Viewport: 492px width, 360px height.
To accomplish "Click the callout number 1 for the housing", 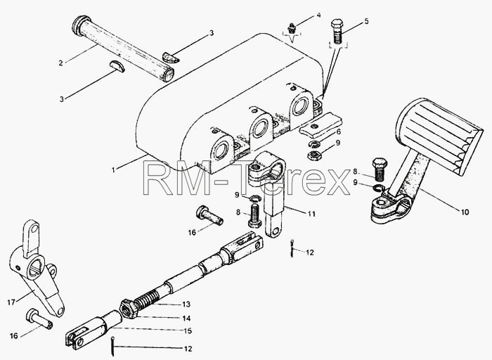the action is (x=114, y=169).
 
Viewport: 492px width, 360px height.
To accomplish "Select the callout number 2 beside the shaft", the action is (x=60, y=63).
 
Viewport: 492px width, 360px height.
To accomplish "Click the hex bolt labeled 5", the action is (x=337, y=32).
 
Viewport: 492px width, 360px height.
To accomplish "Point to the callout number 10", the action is (x=465, y=212).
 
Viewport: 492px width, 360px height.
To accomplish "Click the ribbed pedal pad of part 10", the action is (x=439, y=135).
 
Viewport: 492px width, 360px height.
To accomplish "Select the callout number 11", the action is (x=311, y=214).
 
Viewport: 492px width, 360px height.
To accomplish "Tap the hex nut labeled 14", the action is (x=129, y=309).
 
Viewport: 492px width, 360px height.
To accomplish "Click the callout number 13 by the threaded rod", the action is (x=186, y=304).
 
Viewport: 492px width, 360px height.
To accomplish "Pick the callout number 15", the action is (x=188, y=330).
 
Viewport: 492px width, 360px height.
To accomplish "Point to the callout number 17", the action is (x=11, y=302).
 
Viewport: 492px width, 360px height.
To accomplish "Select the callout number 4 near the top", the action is (x=318, y=15).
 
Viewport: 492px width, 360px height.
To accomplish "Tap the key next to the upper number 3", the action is (x=171, y=58).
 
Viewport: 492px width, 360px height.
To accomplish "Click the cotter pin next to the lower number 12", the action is (x=112, y=346).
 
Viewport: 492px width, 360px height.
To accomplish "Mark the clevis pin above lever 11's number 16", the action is (x=209, y=215).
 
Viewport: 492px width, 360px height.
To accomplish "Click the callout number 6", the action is (x=338, y=132).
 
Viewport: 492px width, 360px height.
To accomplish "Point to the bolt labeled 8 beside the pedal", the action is (x=380, y=169).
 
